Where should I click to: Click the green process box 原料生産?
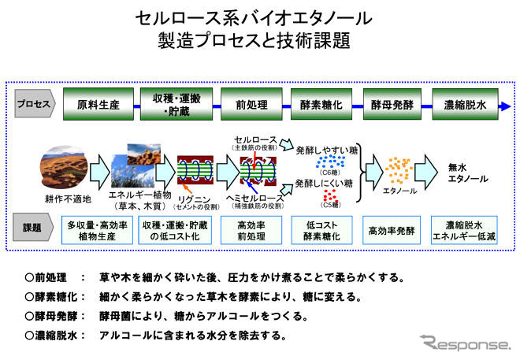98,105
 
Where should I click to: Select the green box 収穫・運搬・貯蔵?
171,105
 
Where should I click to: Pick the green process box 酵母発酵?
392,105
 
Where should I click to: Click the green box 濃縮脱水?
466,105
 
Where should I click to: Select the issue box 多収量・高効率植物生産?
98,231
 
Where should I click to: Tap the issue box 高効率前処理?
245,231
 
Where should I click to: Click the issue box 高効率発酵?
392,231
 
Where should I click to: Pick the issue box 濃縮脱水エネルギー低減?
466,231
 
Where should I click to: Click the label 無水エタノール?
458,173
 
